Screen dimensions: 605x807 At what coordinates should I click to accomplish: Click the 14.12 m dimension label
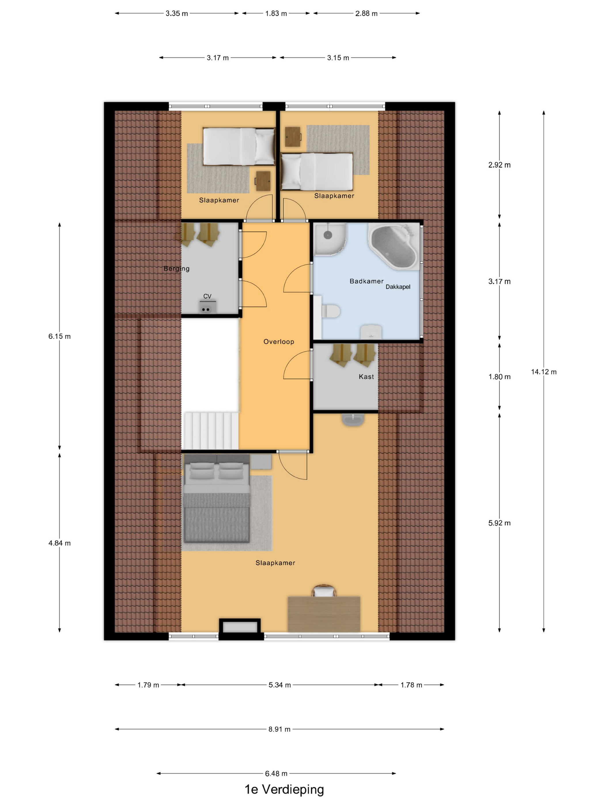[x=543, y=372]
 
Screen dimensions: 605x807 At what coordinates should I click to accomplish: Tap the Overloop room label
[x=279, y=342]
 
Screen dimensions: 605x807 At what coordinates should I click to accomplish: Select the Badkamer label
[x=366, y=281]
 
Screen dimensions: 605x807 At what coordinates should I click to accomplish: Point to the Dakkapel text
[x=398, y=287]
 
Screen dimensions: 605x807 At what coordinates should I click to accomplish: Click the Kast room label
[x=366, y=376]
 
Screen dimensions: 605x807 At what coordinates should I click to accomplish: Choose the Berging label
[x=177, y=269]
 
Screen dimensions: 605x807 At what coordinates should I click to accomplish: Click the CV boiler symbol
[x=207, y=307]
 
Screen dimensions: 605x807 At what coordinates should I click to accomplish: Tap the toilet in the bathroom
[x=331, y=312]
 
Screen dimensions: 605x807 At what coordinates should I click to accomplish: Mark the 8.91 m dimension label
[x=279, y=729]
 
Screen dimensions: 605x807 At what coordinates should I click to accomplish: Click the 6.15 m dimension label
[x=59, y=336]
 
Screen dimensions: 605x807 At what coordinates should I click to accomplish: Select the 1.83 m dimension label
[x=276, y=14]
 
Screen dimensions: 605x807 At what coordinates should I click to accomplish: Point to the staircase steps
[x=210, y=431]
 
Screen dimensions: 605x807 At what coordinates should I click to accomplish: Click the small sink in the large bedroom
[x=353, y=420]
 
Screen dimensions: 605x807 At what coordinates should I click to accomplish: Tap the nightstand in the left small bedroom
[x=263, y=181]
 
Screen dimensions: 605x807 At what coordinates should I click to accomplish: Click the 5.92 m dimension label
[x=499, y=523]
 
